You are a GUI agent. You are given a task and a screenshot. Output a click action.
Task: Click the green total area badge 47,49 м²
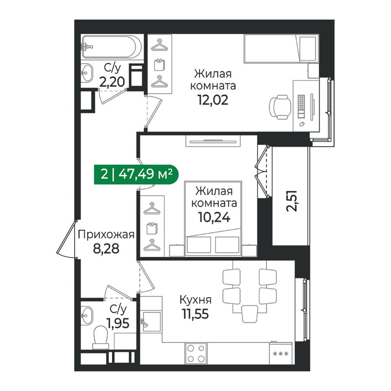pos(136,174)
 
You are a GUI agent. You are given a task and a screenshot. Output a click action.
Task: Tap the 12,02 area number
pos(213,100)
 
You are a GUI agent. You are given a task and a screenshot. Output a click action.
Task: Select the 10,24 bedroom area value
pos(214,217)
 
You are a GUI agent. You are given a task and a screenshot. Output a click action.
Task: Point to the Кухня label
pos(195,300)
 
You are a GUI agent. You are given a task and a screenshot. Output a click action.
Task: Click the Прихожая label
pos(106,235)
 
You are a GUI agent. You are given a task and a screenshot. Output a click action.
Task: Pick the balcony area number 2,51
pos(291,201)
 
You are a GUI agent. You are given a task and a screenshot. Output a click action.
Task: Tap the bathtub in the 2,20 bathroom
pos(112,46)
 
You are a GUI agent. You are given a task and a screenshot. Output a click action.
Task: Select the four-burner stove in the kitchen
pos(196,353)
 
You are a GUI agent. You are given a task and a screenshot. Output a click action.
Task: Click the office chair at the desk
pos(280,107)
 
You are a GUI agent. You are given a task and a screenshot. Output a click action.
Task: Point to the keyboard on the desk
pos(302,107)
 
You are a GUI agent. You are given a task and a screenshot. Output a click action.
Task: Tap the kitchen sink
pos(151,321)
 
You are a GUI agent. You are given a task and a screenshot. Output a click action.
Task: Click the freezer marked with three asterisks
pos(281,353)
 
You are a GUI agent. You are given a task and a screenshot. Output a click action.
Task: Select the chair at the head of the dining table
pos(250,314)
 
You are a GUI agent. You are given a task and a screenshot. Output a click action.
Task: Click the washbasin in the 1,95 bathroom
pos(87,316)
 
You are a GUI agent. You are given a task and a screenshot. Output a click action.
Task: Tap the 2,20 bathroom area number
pos(112,82)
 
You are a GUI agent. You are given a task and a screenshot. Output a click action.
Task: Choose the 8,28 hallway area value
pos(106,248)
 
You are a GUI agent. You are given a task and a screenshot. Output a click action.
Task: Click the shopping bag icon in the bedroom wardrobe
pos(152,228)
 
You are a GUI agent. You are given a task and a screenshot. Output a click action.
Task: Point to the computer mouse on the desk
pos(302,124)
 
